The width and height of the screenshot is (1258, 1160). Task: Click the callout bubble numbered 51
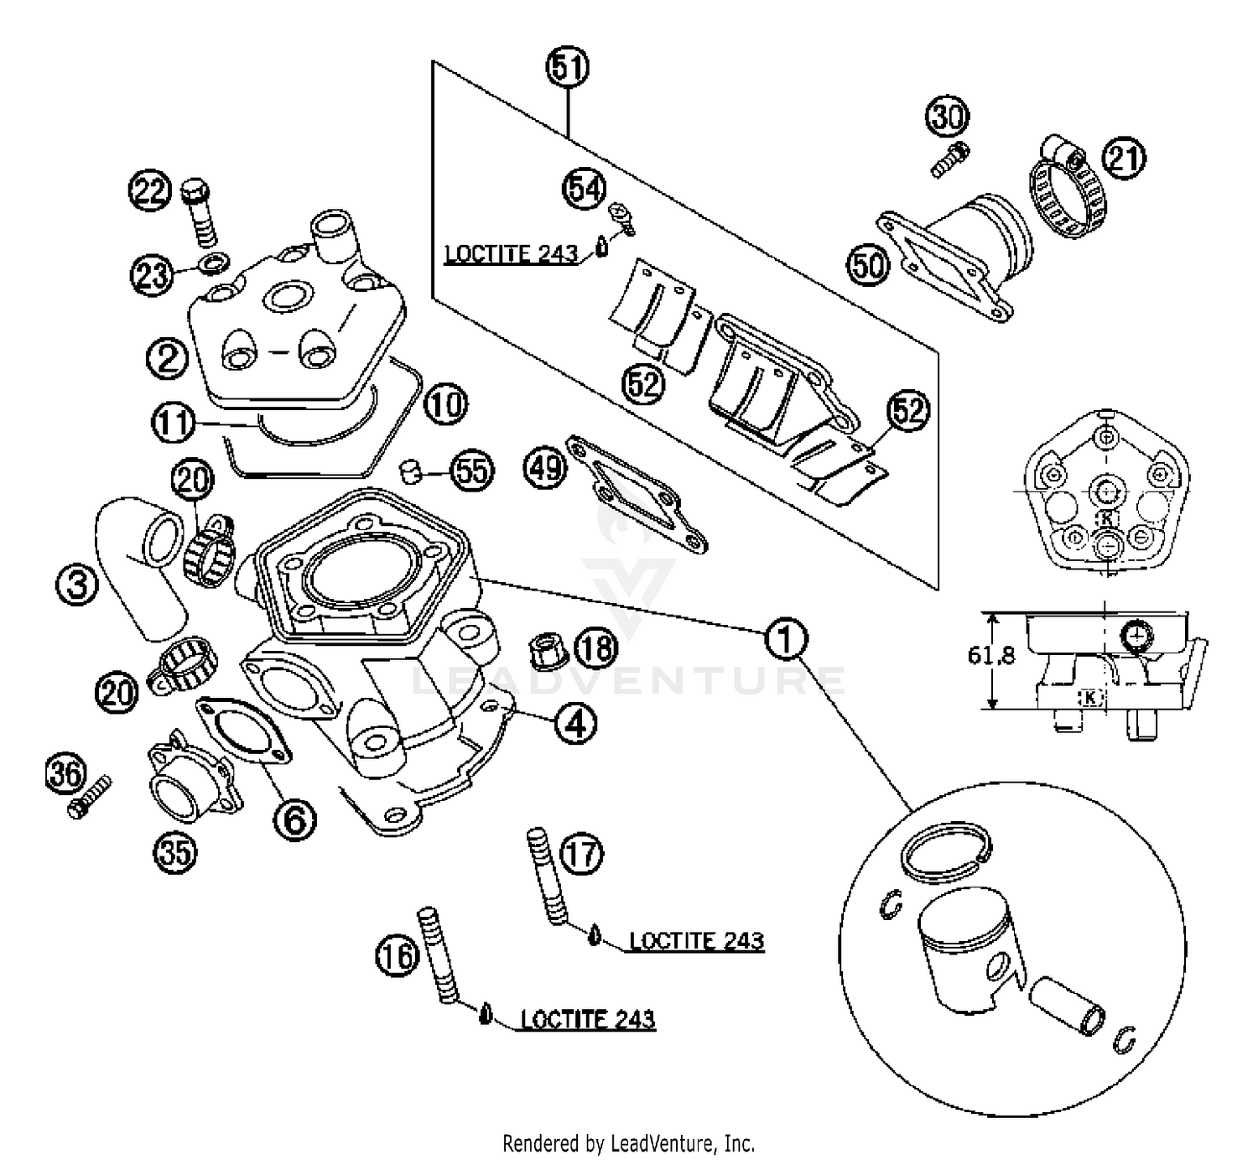coord(568,67)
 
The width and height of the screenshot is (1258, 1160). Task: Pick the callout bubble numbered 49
coord(546,466)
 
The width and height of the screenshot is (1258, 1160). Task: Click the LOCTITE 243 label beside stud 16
coord(588,1019)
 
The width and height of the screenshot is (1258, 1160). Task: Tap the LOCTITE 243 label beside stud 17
coord(697,940)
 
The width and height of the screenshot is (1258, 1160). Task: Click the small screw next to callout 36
coord(90,798)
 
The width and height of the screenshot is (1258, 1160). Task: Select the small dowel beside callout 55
coord(409,471)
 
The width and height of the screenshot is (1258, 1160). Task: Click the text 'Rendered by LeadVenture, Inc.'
coord(628,1142)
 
